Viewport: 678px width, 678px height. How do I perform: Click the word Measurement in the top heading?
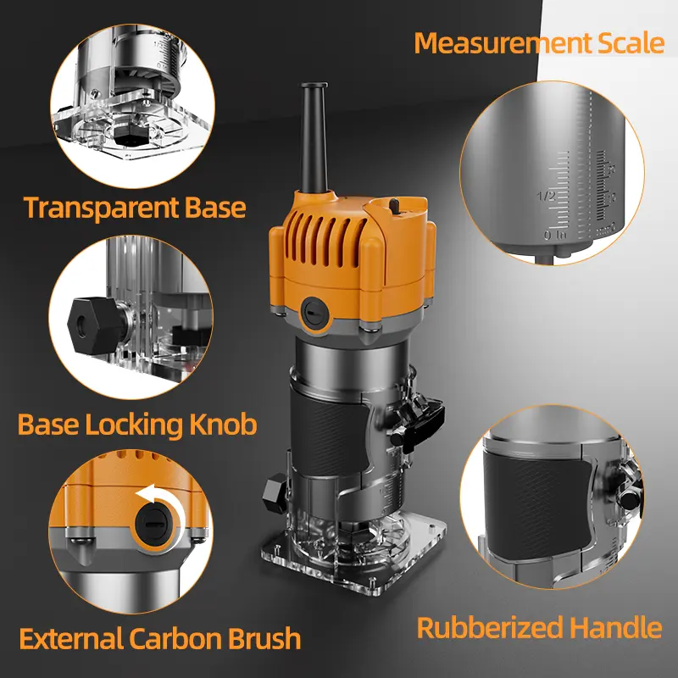(503, 43)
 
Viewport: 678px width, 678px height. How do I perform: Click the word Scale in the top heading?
(631, 43)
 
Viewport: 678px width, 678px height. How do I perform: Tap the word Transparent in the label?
(101, 208)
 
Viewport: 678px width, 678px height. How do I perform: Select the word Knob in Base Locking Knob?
(223, 425)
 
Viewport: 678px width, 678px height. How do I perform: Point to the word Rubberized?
(490, 627)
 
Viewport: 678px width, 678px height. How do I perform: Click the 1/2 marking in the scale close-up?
(546, 197)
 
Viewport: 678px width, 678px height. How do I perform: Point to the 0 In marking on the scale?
(555, 236)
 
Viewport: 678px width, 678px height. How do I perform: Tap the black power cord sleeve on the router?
(314, 137)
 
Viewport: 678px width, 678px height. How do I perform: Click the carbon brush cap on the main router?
(315, 313)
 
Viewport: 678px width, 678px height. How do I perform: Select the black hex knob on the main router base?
(275, 494)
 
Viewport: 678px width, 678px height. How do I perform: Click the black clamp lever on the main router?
(418, 422)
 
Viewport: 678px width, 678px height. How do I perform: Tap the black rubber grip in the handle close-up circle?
(537, 506)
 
